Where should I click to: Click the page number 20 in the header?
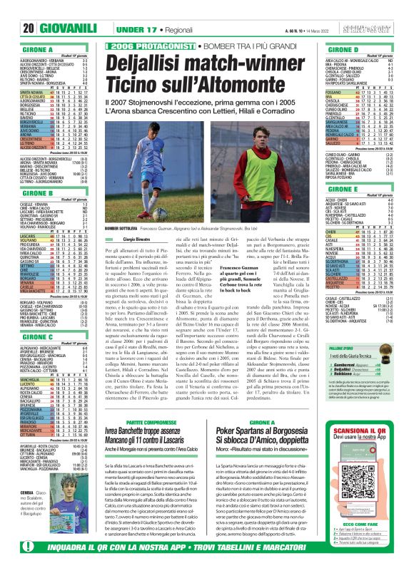(11, 9)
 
